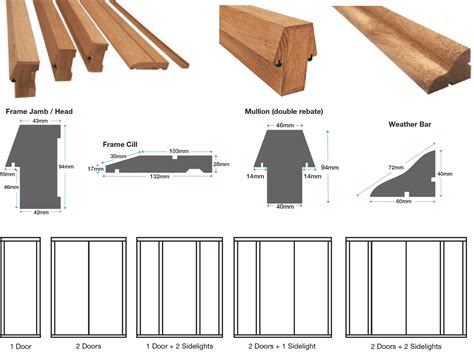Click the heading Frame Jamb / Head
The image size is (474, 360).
point(37,111)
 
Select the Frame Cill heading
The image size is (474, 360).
point(120,144)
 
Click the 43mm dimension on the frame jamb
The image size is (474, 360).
point(42,122)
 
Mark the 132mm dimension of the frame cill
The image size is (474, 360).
point(158,176)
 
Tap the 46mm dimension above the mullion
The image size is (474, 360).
point(283,125)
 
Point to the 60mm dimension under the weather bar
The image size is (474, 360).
point(403,202)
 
